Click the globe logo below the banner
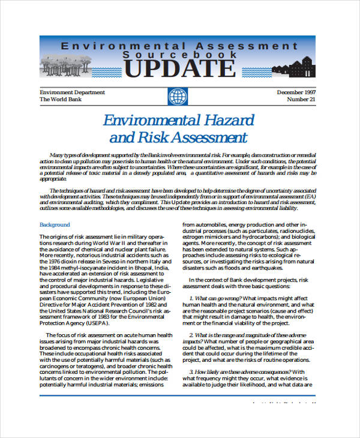coord(178,97)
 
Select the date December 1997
coord(297,92)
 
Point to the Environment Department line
coord(72,92)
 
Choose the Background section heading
coord(55,225)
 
